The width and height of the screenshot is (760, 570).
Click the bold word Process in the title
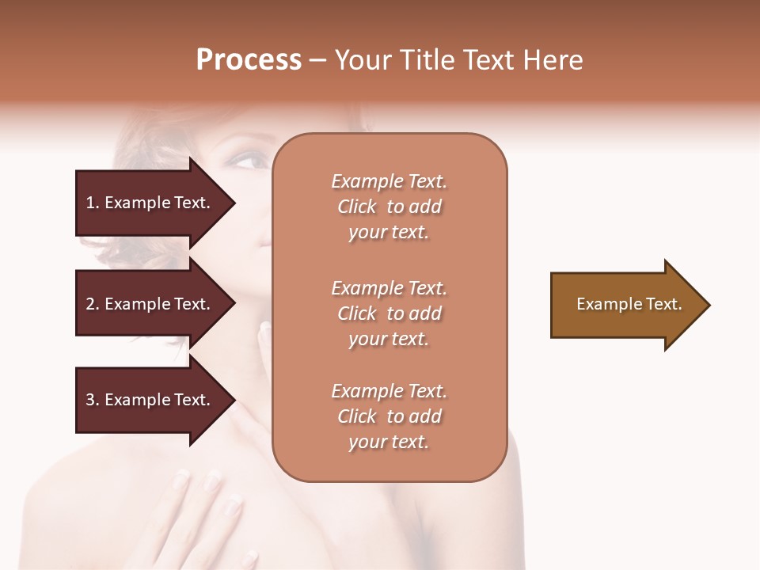pos(249,59)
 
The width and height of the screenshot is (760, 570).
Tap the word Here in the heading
pos(553,59)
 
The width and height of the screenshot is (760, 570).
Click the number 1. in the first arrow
pos(92,203)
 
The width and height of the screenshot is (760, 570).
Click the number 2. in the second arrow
pos(92,304)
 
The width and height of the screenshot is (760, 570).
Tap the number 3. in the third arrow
pos(92,400)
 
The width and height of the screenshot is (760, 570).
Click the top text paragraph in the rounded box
pos(389,207)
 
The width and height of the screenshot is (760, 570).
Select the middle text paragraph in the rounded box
pos(389,313)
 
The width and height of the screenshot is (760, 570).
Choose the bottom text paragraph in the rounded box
pos(389,416)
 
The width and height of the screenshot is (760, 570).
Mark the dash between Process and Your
pos(317,60)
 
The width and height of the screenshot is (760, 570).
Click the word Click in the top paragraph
pos(356,207)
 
